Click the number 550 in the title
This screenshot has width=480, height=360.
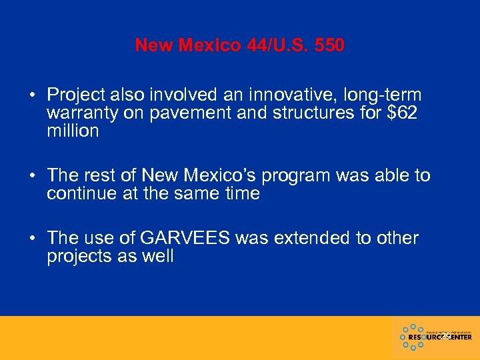[328, 45]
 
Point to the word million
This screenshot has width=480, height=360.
[73, 131]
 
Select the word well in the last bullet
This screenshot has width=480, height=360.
[157, 257]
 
